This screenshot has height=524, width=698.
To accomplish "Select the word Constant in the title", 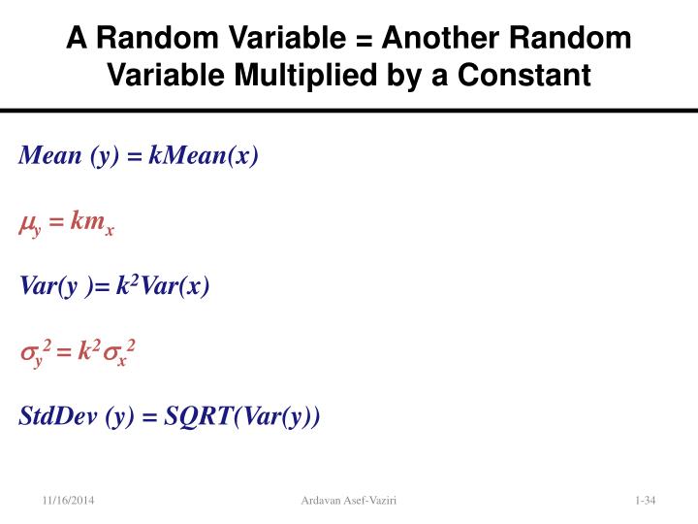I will tap(523, 74).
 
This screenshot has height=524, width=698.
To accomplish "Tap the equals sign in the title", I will tap(362, 39).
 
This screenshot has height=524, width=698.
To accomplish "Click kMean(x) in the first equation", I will tap(205, 156).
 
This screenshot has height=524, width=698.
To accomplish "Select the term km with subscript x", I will tap(93, 224).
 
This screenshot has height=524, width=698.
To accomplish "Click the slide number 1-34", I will tap(645, 500).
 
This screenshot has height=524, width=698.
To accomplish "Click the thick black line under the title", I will tap(349, 112).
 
